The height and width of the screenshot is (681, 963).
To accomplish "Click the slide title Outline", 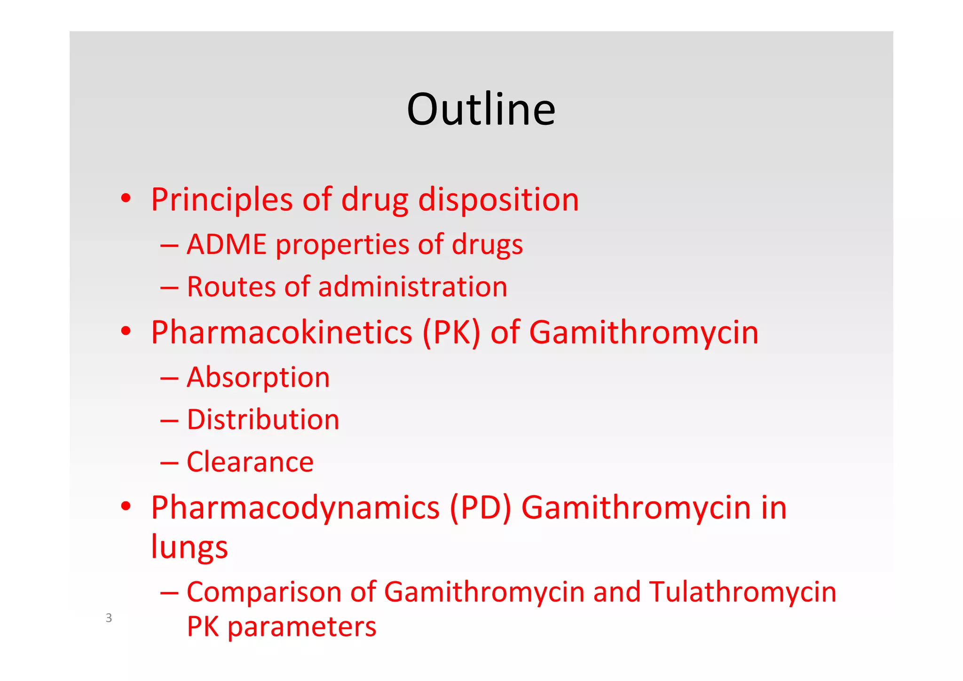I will click(x=481, y=109).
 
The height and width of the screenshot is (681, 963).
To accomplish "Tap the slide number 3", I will click(x=109, y=618).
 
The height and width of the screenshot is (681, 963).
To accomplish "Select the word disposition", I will click(x=498, y=200).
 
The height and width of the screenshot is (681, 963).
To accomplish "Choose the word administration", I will click(x=412, y=287).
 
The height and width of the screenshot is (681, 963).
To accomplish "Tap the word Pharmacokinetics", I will click(x=281, y=333).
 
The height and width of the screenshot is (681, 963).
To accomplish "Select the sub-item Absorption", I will click(x=258, y=377).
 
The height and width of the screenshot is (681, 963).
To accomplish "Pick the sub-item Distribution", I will click(x=263, y=420).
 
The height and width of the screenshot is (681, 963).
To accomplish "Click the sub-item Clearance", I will click(x=250, y=462).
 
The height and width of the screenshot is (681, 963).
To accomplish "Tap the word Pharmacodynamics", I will click(x=295, y=508).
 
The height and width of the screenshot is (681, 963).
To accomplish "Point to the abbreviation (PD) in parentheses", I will click(x=480, y=508).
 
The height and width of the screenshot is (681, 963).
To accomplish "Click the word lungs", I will click(x=189, y=547).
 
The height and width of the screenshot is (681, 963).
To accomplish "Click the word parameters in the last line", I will click(x=301, y=627).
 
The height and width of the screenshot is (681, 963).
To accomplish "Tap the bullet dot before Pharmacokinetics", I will click(x=126, y=331).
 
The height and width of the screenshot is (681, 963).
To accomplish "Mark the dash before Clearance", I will click(x=169, y=463).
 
